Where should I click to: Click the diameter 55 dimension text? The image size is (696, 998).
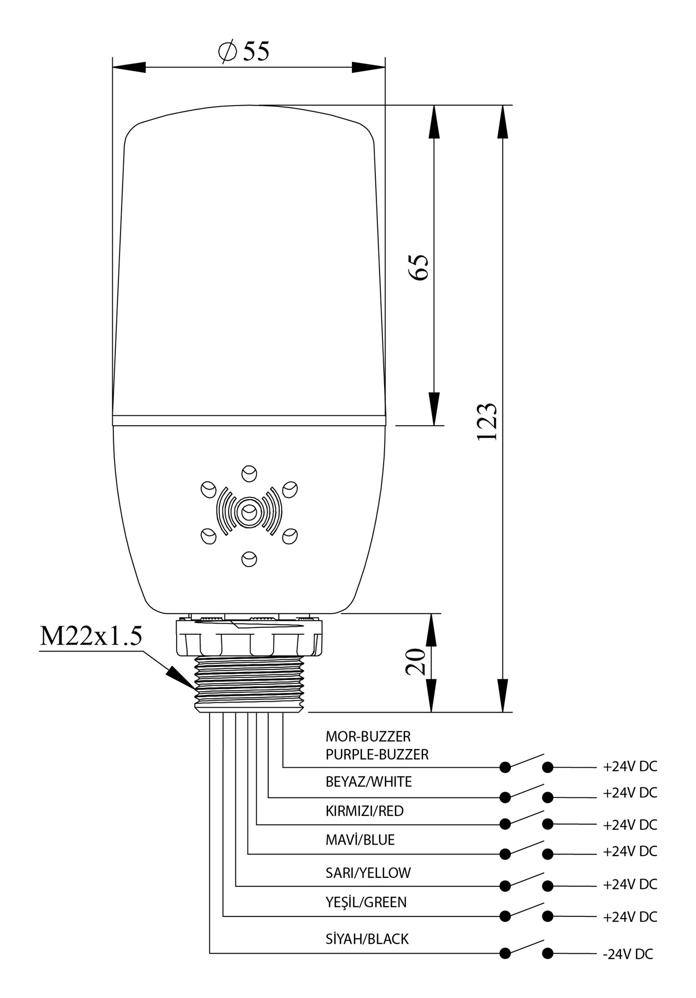244,51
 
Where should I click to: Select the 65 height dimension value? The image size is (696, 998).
419,267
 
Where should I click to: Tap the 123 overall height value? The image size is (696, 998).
488,421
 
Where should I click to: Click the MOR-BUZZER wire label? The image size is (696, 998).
368,737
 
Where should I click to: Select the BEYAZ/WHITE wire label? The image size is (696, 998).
369,782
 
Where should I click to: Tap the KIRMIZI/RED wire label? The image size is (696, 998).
364,811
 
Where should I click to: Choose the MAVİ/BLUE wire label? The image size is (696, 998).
360,840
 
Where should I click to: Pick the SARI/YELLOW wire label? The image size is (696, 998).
368,873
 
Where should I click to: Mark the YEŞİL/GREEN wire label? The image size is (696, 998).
366,902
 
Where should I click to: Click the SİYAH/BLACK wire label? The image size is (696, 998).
367,939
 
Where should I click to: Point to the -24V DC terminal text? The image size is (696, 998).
628,954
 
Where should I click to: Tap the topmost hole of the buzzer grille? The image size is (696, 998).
249,474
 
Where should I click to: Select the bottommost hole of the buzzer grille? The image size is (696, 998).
249,559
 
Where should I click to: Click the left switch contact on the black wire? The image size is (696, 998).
505,953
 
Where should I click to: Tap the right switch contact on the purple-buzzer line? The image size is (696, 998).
547,767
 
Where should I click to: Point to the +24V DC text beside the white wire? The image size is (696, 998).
630,793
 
